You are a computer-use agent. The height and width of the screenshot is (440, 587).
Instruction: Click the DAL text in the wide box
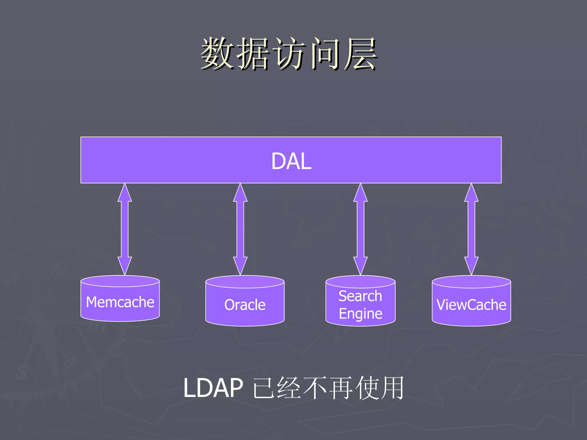pos(291,161)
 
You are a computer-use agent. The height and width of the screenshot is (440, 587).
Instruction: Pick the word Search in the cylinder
pos(360,296)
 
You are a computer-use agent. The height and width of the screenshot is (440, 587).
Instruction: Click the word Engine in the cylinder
pos(360,314)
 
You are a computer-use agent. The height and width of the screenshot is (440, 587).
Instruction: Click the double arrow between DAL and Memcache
pos(125,229)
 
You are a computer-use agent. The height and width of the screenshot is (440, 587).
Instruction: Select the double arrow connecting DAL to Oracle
pos(240,229)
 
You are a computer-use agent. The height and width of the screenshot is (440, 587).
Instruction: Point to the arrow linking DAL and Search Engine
pos(360,229)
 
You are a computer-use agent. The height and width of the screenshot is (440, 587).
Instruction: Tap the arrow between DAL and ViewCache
pos(471,229)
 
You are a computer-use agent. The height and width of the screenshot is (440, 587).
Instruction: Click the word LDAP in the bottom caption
pos(213,388)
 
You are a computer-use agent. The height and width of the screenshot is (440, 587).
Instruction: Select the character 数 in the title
pos(217,54)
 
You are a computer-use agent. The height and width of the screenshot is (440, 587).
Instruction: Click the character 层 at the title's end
pos(361,54)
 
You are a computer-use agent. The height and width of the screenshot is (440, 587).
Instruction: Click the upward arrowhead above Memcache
pos(125,193)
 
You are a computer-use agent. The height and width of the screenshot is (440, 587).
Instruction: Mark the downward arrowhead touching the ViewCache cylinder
pos(471,266)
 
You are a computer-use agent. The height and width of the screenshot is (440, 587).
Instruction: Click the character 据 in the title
pos(253,54)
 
